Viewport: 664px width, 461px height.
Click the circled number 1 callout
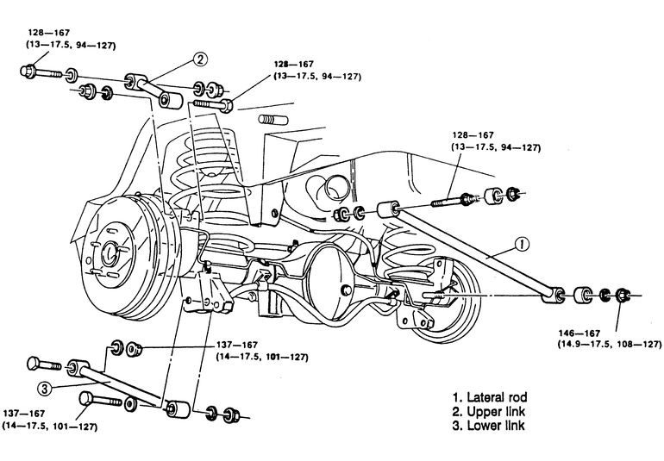click(x=523, y=244)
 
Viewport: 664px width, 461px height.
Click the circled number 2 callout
click(x=200, y=59)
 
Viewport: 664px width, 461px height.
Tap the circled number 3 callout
click(x=46, y=389)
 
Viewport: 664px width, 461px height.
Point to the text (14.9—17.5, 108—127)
click(x=610, y=344)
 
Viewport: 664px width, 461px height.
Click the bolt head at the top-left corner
click(x=27, y=70)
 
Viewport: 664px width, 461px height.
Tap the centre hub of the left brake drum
click(x=111, y=252)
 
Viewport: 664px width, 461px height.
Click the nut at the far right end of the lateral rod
click(x=623, y=295)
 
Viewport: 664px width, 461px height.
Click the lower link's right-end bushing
click(x=178, y=408)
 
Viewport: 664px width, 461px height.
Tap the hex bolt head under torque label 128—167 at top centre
click(x=227, y=105)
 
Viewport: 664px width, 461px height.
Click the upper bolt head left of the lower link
click(x=34, y=364)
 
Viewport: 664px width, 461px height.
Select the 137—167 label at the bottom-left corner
click(x=24, y=414)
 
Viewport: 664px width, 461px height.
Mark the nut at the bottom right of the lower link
click(x=231, y=414)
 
